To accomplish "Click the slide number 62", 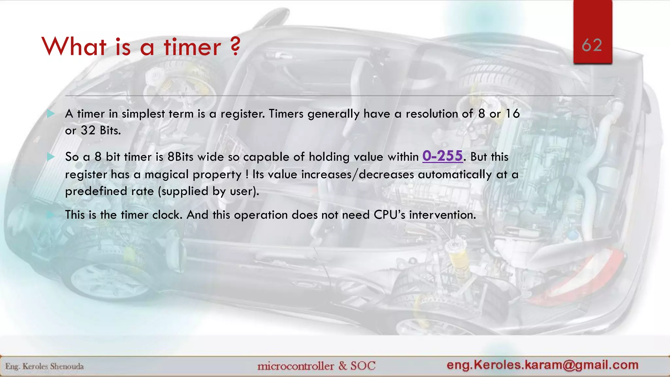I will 592,45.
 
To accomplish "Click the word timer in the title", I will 192,47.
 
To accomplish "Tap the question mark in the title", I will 235,46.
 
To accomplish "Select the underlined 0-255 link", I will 443,156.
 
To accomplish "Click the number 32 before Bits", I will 88,131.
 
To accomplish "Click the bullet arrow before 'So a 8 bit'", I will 51,157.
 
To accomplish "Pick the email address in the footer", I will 542,365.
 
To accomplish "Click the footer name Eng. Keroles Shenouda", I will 44,366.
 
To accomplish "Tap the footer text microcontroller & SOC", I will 316,366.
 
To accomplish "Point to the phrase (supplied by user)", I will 208,191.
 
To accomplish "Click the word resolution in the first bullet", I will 432,114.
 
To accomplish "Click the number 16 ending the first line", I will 512,114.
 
